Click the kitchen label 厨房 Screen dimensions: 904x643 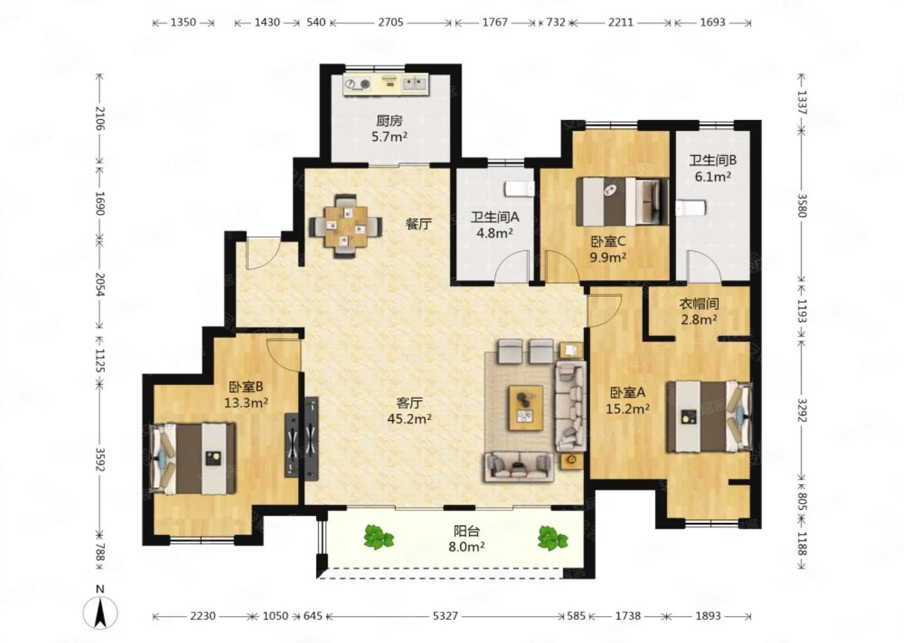[389, 121]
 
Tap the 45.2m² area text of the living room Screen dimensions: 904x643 [409, 419]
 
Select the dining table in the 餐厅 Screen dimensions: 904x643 [347, 227]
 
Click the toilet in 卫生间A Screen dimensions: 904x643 [520, 188]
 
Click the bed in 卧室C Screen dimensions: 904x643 [622, 202]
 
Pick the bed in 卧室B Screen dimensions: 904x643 [193, 458]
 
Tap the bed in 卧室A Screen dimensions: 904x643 [709, 416]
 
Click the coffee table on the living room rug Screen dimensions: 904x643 [526, 408]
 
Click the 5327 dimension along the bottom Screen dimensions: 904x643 [445, 616]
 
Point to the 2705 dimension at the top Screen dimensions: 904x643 [390, 22]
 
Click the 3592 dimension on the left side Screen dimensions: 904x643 [100, 460]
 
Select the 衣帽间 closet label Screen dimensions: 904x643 [699, 303]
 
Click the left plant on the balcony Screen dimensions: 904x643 [378, 538]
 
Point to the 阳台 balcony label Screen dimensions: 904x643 [466, 531]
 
